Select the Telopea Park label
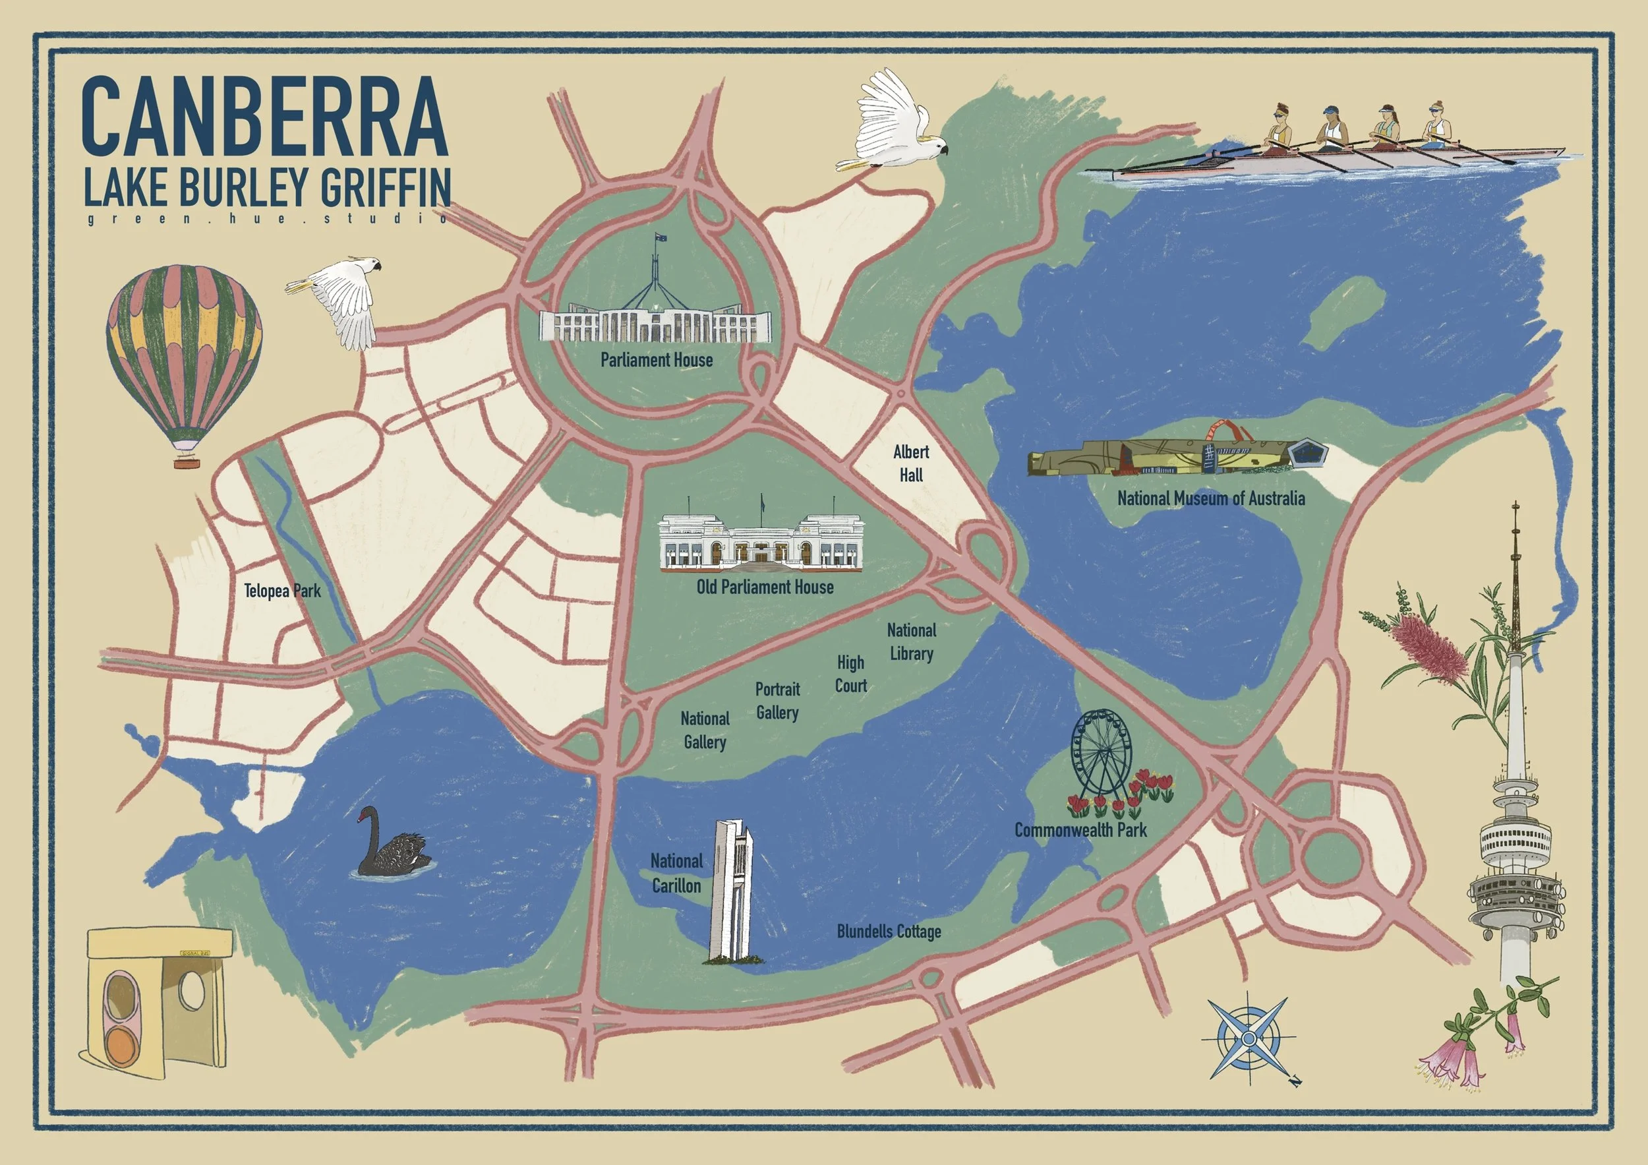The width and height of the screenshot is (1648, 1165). (282, 591)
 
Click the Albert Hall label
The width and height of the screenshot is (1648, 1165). (911, 463)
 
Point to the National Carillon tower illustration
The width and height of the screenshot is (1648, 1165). (730, 891)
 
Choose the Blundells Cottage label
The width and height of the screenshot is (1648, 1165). (889, 931)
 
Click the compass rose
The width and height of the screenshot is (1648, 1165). (1249, 1038)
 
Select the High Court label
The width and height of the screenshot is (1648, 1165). (850, 673)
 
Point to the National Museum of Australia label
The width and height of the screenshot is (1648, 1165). (1211, 498)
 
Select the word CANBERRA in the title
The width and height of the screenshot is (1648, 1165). (264, 116)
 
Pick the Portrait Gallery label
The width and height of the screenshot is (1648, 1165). (777, 701)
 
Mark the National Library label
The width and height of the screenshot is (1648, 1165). (912, 642)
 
